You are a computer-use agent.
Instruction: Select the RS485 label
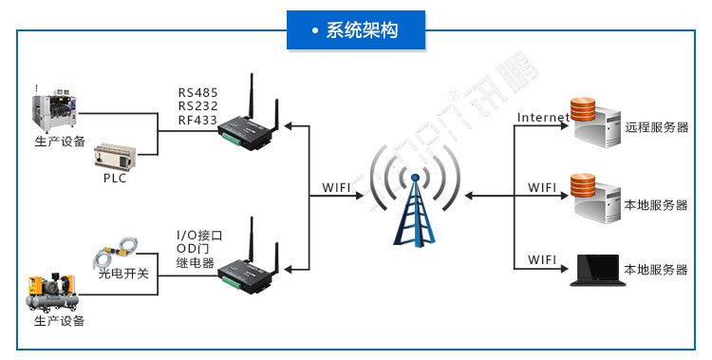tap(197, 92)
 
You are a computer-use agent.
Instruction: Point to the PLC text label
tap(115, 178)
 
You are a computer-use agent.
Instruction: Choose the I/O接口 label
tap(201, 235)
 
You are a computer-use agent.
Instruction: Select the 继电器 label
tap(196, 263)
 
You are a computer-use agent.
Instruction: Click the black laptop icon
tap(593, 270)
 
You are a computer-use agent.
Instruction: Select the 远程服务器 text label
tap(656, 127)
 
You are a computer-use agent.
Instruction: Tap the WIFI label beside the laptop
tap(542, 259)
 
